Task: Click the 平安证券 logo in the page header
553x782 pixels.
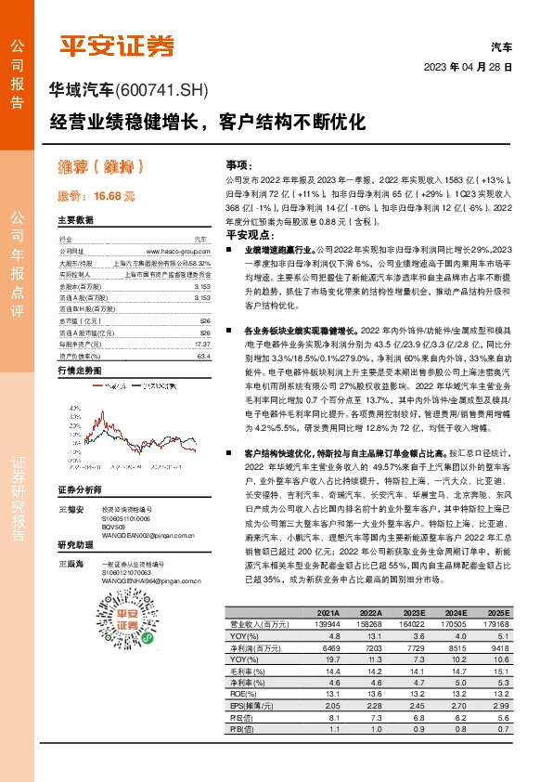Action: (116, 45)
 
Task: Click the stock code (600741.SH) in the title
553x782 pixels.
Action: (162, 90)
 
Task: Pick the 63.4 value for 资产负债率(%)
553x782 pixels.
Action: (203, 356)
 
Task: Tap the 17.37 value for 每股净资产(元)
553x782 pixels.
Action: (201, 344)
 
